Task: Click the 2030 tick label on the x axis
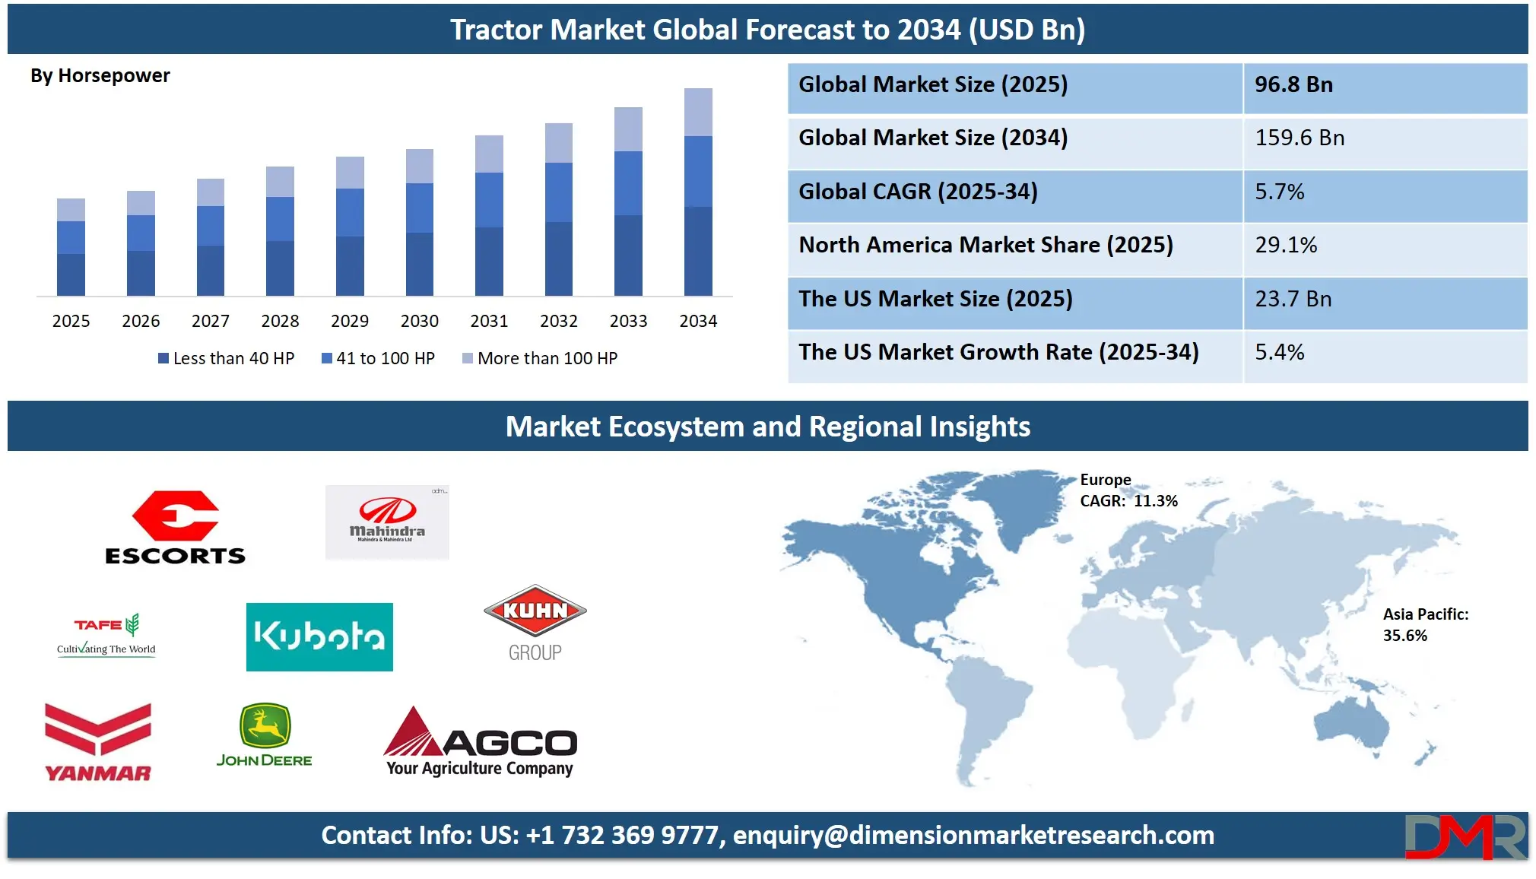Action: [419, 321]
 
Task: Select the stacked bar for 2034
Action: [698, 192]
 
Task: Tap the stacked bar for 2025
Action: [71, 247]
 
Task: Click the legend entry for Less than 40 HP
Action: [226, 358]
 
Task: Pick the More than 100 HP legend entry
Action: [540, 358]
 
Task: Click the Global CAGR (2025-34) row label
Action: [918, 192]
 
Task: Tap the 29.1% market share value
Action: [1286, 245]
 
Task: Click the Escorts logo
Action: [175, 527]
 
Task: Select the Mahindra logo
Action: [387, 522]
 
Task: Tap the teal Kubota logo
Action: [319, 637]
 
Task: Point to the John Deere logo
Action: [264, 735]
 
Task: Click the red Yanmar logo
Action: [98, 742]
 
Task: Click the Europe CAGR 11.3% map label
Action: [1128, 490]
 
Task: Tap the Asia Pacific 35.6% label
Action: [1426, 625]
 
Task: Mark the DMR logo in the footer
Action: [1465, 836]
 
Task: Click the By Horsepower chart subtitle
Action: [100, 76]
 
